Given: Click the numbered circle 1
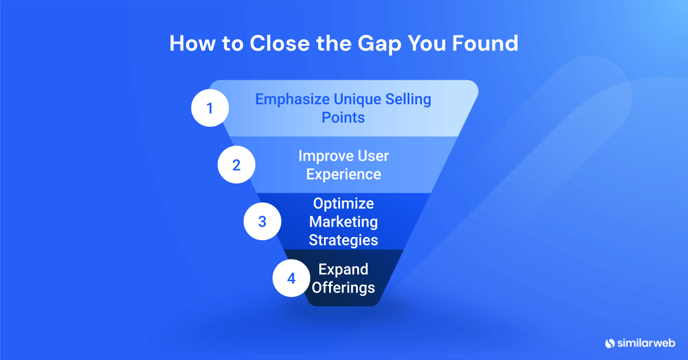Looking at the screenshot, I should click(x=209, y=108).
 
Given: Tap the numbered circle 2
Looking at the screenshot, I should click(x=236, y=165).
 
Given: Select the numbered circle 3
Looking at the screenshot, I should click(x=262, y=221).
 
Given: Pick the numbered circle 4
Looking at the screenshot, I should click(x=291, y=279).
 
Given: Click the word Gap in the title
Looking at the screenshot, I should click(x=376, y=44).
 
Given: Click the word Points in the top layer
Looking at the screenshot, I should click(x=343, y=117).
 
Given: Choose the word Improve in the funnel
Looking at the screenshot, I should click(x=325, y=155).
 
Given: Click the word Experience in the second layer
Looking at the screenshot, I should click(x=343, y=174).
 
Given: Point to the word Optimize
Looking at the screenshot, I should click(x=343, y=204).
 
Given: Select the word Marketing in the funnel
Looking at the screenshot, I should click(x=343, y=221).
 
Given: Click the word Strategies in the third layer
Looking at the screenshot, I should click(x=343, y=240).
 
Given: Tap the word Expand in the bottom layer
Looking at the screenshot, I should click(x=343, y=269).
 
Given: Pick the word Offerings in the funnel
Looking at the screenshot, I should click(x=343, y=287).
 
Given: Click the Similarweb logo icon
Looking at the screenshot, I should click(x=609, y=343).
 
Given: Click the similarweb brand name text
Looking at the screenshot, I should click(x=647, y=343).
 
